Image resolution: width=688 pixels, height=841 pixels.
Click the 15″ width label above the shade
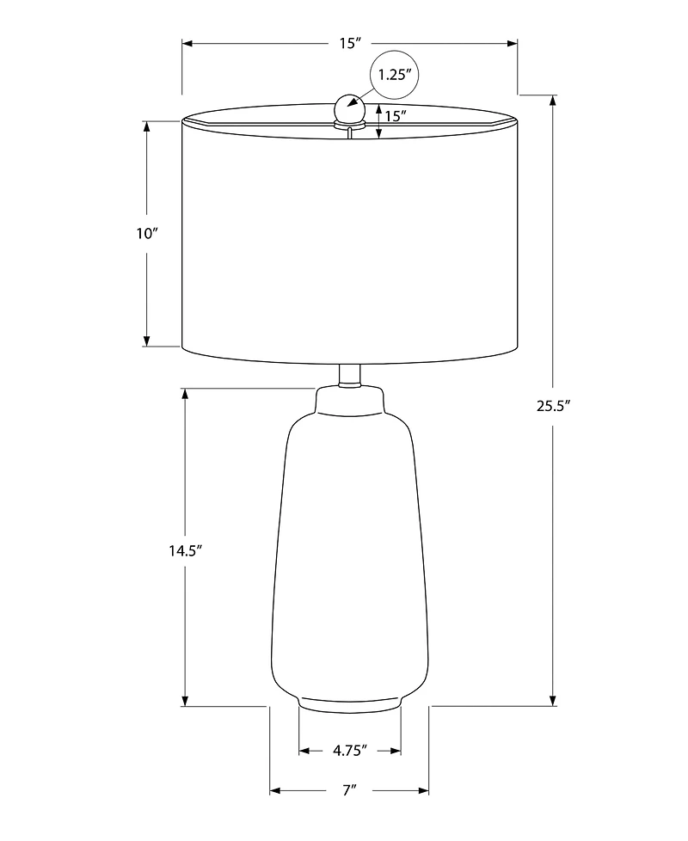[347, 43]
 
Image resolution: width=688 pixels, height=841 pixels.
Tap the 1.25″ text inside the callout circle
[395, 75]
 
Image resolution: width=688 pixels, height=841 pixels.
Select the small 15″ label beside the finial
[396, 116]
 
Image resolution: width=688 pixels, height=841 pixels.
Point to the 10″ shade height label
[147, 234]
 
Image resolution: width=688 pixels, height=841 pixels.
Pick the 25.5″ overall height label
[554, 407]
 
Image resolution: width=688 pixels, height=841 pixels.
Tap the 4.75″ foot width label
[350, 751]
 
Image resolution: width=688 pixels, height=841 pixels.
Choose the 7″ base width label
[348, 790]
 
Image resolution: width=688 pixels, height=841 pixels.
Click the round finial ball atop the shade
[349, 108]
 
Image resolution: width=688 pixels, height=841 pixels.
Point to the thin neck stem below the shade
[349, 375]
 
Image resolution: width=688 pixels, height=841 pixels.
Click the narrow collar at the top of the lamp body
[349, 399]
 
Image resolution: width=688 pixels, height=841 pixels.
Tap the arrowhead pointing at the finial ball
[353, 103]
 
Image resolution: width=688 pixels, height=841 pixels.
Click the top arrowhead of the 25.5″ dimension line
[552, 100]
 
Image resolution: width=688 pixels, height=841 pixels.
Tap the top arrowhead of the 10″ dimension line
[146, 126]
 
